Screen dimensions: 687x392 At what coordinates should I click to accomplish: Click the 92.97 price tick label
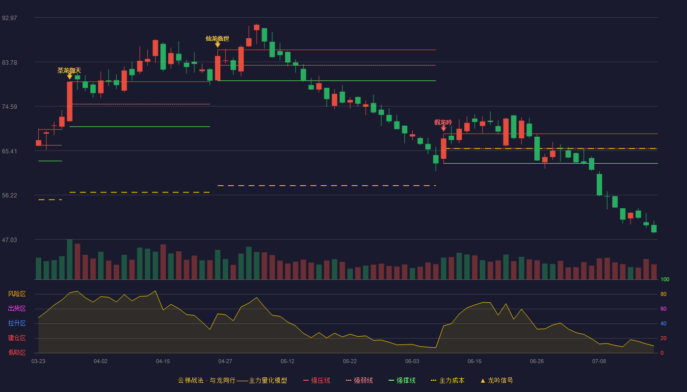pos(9,18)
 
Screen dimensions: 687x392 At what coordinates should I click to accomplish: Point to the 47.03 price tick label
pos(9,240)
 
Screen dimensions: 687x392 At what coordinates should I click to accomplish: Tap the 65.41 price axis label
pos(9,151)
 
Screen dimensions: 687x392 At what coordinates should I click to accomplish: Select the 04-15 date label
pos(163,362)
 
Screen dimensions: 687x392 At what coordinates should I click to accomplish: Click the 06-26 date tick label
pos(537,362)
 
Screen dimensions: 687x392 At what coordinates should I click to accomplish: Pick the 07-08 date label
pos(599,362)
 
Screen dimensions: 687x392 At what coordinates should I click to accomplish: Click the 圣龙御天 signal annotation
pos(69,71)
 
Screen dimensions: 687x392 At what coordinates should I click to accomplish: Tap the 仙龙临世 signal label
pos(217,39)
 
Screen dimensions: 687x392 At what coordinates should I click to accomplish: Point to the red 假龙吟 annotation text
pos(443,122)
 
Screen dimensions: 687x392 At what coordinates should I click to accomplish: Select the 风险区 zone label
pos(17,294)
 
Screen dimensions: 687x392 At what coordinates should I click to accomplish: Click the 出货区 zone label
pos(17,308)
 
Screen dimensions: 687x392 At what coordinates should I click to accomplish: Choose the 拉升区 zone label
pos(17,323)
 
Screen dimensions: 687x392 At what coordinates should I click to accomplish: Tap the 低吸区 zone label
pos(17,352)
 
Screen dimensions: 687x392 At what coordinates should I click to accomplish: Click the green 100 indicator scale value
pos(665,279)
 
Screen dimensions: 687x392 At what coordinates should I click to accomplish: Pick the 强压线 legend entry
pos(317,380)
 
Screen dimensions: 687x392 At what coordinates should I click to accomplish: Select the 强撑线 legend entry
pos(402,380)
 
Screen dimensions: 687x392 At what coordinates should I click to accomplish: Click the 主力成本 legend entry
pos(448,380)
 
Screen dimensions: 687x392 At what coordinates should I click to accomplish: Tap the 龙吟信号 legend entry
pos(497,380)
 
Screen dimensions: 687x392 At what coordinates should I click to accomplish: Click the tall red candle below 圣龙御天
pos(70,101)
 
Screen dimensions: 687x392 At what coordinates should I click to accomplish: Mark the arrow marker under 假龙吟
pos(444,128)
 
